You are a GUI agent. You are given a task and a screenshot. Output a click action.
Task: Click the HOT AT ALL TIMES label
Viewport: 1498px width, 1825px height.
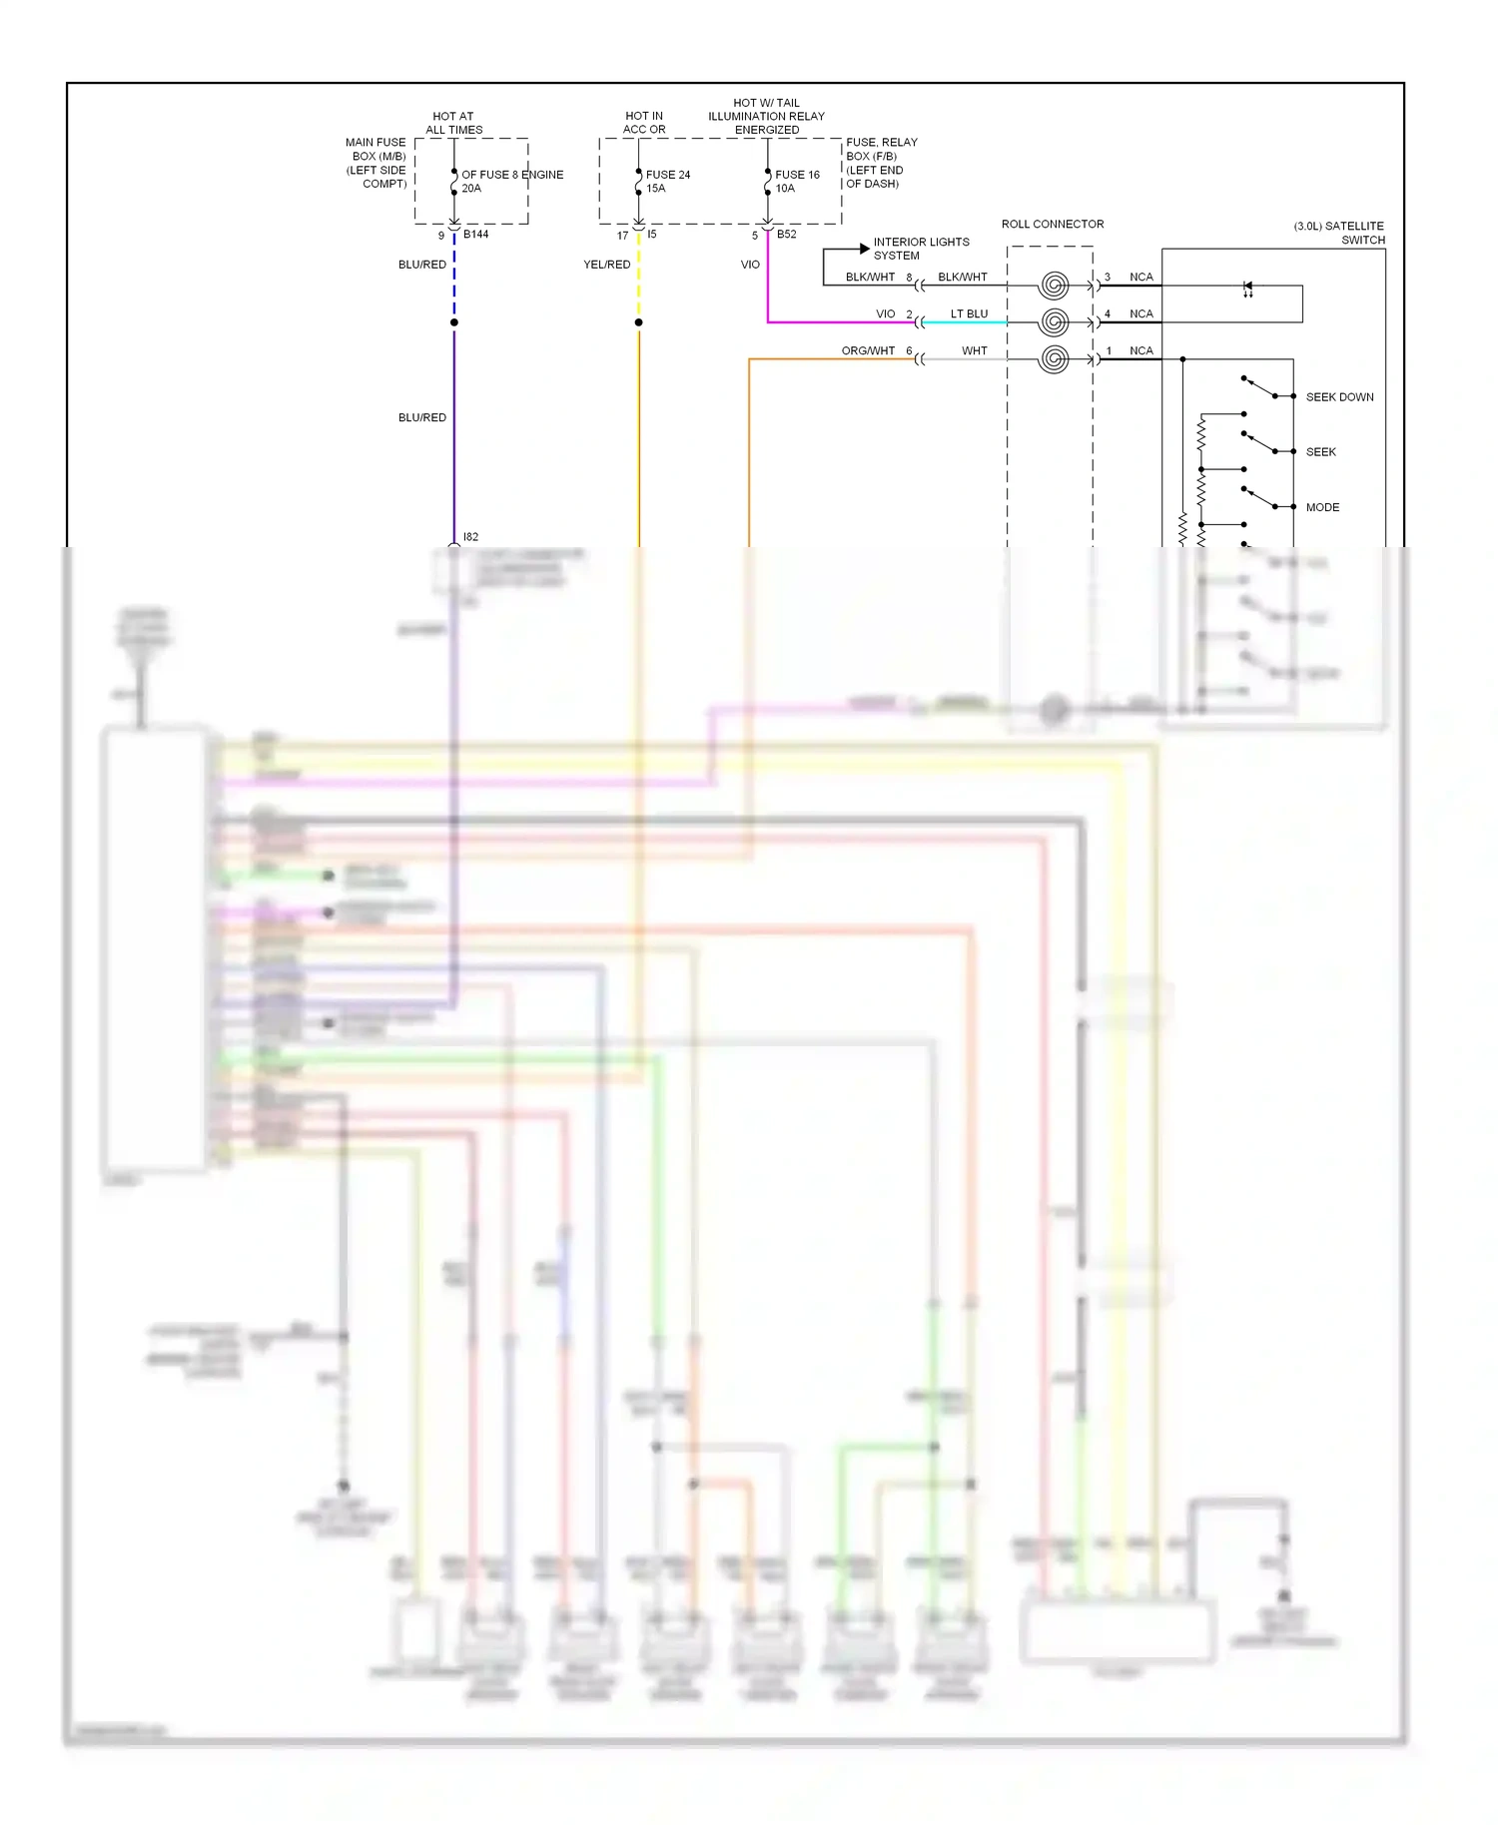pyautogui.click(x=453, y=123)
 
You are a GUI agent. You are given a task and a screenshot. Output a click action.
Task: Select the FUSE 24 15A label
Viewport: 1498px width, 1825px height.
pyautogui.click(x=667, y=181)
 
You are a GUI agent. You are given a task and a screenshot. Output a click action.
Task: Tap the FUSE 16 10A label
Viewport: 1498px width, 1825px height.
pyautogui.click(x=797, y=181)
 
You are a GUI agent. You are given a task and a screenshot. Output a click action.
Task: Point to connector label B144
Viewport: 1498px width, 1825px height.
pyautogui.click(x=475, y=235)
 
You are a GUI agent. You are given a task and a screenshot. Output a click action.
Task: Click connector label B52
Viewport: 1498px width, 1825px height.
pyautogui.click(x=787, y=235)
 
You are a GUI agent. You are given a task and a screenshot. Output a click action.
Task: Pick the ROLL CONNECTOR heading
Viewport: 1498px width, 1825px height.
pyautogui.click(x=1053, y=224)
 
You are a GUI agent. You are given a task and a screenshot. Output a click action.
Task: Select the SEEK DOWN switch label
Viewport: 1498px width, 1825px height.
pyautogui.click(x=1339, y=397)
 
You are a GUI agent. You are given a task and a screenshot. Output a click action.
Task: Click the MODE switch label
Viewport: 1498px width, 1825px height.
pyautogui.click(x=1322, y=507)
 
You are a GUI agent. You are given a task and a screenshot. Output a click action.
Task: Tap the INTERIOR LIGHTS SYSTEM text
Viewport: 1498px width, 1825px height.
pyautogui.click(x=920, y=249)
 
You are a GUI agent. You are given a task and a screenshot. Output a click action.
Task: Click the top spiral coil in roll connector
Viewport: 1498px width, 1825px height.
pyautogui.click(x=1054, y=286)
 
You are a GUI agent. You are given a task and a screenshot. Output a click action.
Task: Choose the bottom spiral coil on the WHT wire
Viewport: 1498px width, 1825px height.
pyautogui.click(x=1054, y=359)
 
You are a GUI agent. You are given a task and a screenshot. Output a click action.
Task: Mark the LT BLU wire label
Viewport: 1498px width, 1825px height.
pyautogui.click(x=969, y=313)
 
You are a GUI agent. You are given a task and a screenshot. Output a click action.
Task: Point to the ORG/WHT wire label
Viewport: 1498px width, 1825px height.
pyautogui.click(x=868, y=350)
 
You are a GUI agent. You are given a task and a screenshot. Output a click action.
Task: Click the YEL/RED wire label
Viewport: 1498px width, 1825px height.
pyautogui.click(x=606, y=265)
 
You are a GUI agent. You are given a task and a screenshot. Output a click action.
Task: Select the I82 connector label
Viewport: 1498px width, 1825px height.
pyautogui.click(x=470, y=537)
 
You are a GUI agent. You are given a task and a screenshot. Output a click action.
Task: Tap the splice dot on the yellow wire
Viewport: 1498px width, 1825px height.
pyautogui.click(x=639, y=322)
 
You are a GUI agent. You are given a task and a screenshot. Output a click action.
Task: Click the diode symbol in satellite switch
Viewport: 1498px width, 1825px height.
pyautogui.click(x=1247, y=288)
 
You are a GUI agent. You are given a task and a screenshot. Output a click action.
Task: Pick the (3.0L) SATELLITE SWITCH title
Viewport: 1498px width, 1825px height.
pyautogui.click(x=1339, y=233)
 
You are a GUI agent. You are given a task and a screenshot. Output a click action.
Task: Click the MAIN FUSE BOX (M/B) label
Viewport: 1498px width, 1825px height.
pyautogui.click(x=376, y=163)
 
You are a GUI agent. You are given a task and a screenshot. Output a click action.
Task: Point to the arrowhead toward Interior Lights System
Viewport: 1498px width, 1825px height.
pyautogui.click(x=864, y=249)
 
